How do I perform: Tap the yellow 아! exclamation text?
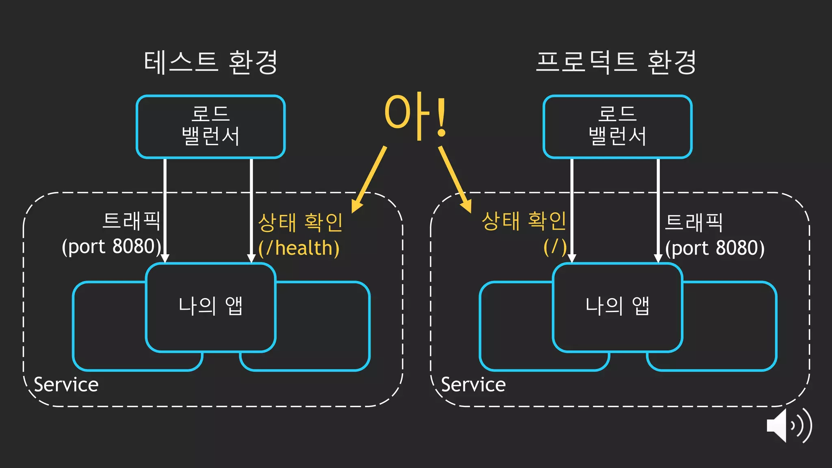coord(415,115)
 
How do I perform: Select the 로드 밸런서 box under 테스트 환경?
coord(210,126)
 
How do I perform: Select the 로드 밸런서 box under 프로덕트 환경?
coord(617,126)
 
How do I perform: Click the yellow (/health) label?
coord(299,248)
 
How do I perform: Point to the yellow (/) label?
coord(555,247)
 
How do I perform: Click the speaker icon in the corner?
coord(788,426)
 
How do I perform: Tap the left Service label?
coord(66,384)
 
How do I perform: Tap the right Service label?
coord(473,384)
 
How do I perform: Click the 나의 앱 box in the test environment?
coord(210,307)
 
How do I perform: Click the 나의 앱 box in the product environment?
coord(617,307)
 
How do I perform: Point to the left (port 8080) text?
coord(111,247)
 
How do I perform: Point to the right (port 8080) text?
coord(715,248)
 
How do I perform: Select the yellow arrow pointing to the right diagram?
coord(455,179)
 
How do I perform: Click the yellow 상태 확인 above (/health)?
coord(301,222)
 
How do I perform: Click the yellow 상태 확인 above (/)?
coord(524,221)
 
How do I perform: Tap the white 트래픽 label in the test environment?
coord(131,221)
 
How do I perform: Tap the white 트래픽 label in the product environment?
coord(694,222)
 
